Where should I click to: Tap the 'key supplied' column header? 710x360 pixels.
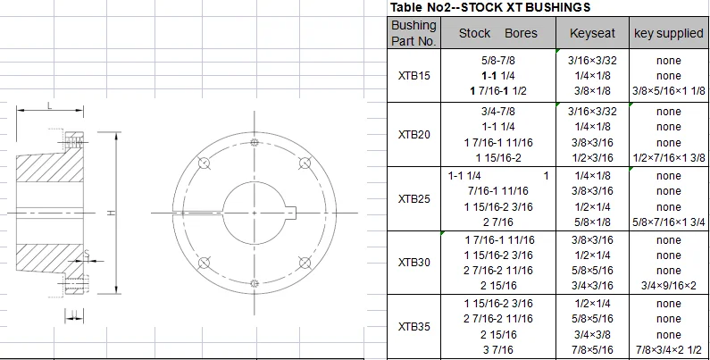pyautogui.click(x=668, y=33)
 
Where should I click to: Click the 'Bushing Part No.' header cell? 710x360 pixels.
pyautogui.click(x=413, y=33)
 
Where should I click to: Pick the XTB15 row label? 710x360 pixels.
pyautogui.click(x=413, y=76)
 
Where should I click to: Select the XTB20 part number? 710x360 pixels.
pyautogui.click(x=413, y=135)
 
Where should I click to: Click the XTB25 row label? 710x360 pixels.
pyautogui.click(x=413, y=200)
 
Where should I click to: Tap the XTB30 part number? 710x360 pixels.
pyautogui.click(x=413, y=263)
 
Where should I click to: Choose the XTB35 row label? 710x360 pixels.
pyautogui.click(x=413, y=327)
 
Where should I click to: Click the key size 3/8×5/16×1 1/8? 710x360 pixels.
pyautogui.click(x=668, y=92)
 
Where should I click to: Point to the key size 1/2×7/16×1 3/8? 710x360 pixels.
pyautogui.click(x=668, y=158)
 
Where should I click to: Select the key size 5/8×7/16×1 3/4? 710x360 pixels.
pyautogui.click(x=668, y=222)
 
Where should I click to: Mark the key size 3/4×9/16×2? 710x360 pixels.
pyautogui.click(x=668, y=286)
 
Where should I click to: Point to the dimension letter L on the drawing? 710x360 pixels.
pyautogui.click(x=49, y=105)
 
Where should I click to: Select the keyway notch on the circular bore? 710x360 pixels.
pyautogui.click(x=290, y=213)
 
